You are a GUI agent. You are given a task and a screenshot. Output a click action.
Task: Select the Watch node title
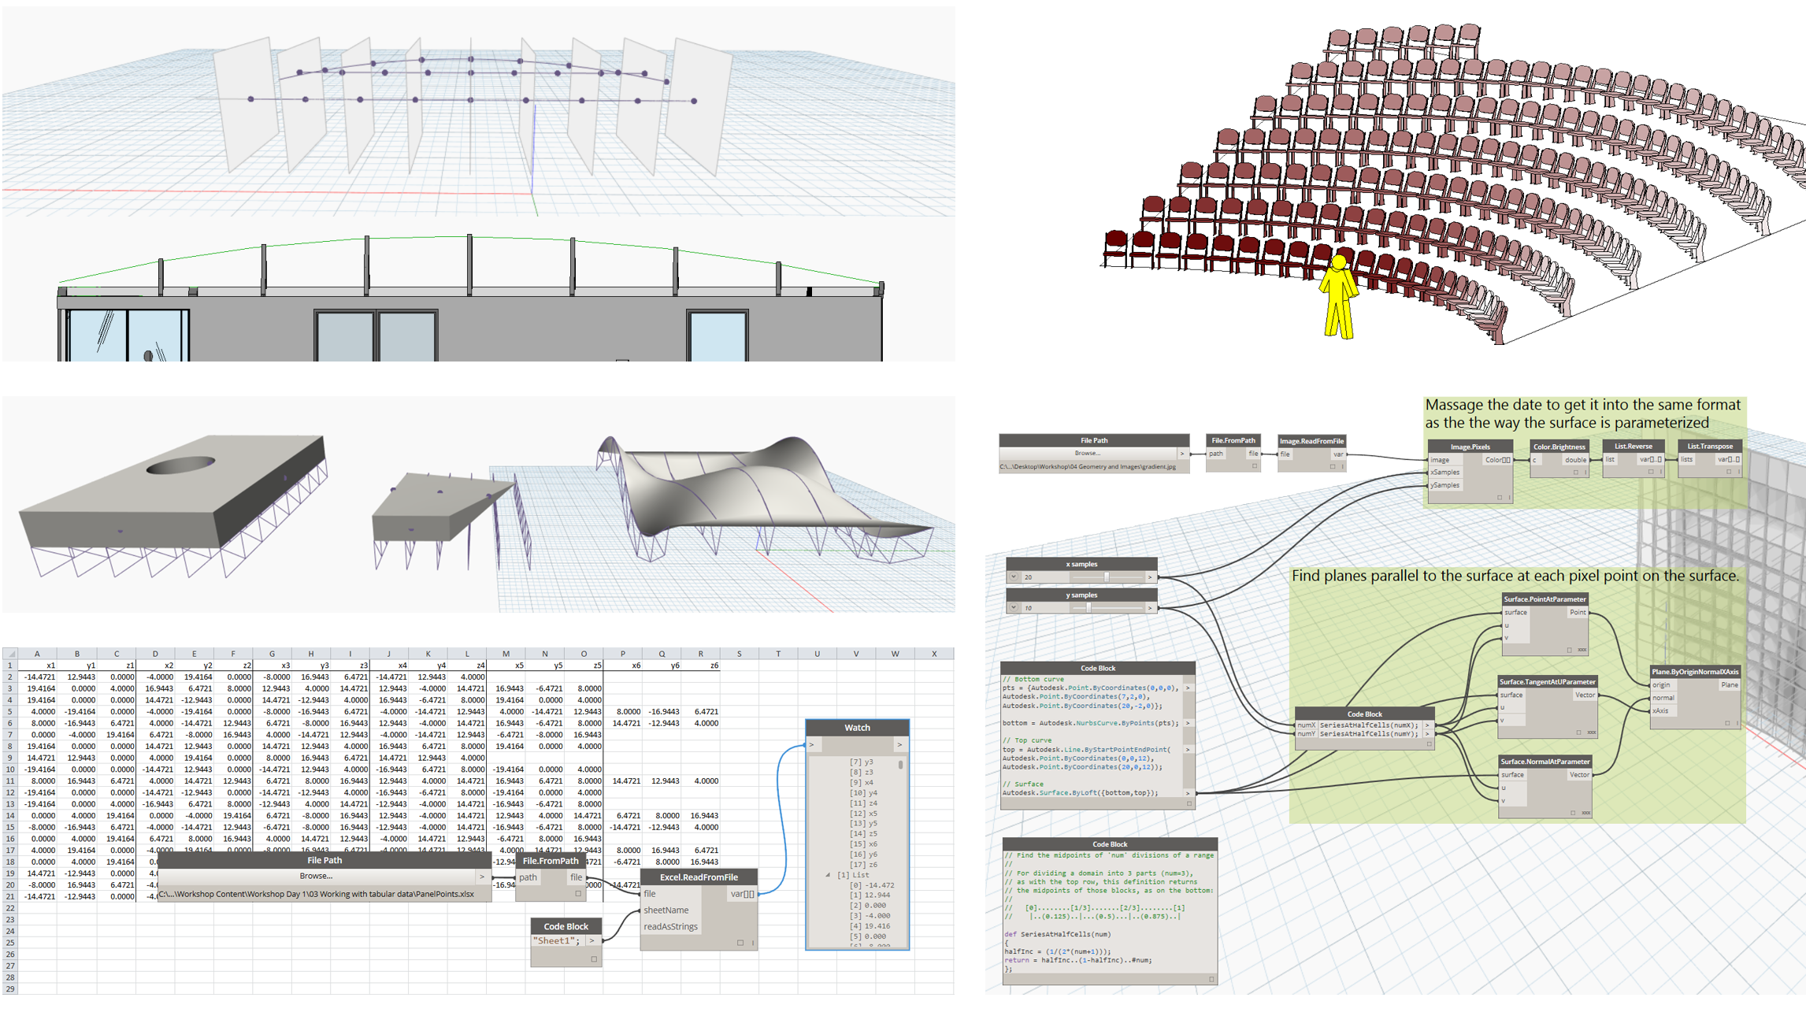tap(857, 728)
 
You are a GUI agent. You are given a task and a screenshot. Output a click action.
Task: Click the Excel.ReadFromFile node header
tap(699, 877)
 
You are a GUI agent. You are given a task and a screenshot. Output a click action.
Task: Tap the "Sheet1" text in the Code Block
tap(556, 941)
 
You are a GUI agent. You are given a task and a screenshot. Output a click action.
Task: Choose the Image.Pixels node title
tap(1470, 447)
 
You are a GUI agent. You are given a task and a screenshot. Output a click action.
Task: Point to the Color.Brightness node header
tap(1559, 447)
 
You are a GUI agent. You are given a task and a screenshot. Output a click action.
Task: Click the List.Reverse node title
tap(1633, 446)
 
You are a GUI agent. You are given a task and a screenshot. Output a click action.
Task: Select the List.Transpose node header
tap(1709, 446)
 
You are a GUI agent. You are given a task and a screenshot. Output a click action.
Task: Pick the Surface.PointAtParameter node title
tap(1545, 599)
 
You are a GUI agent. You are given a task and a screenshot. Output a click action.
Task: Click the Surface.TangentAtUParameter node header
tap(1547, 682)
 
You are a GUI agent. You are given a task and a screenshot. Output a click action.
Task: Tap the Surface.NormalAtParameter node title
tap(1545, 762)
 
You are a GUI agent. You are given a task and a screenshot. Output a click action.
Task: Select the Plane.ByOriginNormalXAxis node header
tap(1695, 672)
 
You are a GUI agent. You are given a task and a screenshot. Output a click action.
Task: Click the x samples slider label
tap(1081, 564)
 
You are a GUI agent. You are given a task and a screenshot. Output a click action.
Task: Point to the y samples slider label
tap(1081, 595)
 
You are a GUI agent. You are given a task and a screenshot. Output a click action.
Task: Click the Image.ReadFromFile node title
tap(1311, 441)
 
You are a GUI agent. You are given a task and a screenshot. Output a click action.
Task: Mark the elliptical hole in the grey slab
tap(180, 465)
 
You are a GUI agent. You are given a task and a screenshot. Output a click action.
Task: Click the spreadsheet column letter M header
tap(506, 654)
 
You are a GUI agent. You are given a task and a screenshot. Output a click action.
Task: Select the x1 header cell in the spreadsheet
tap(50, 666)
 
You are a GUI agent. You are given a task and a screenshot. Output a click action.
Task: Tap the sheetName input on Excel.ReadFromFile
tap(666, 910)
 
